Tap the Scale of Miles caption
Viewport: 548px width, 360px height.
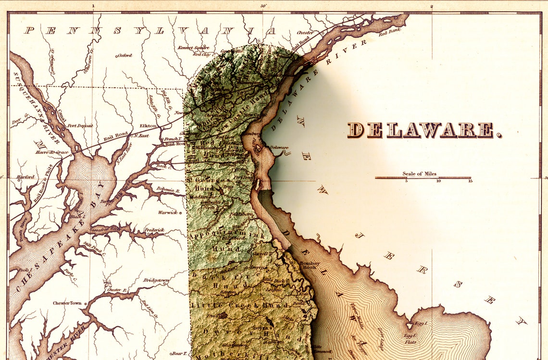click(420, 174)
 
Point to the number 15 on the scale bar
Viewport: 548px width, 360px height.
click(470, 181)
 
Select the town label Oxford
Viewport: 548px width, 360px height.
click(124, 55)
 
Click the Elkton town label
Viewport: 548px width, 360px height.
click(148, 126)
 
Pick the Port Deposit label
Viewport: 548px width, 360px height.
click(80, 126)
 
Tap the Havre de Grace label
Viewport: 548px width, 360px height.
click(52, 152)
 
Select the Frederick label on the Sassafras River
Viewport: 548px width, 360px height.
click(154, 230)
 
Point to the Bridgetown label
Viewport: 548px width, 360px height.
click(157, 280)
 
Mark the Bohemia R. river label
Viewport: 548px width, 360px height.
click(167, 190)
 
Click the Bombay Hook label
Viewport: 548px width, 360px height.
click(309, 265)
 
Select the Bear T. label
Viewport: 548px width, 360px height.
click(178, 353)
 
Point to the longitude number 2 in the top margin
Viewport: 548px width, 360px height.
click(432, 6)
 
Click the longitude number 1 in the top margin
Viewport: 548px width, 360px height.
click(93, 6)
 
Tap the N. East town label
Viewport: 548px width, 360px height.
click(141, 136)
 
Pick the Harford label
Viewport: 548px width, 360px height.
click(25, 177)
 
